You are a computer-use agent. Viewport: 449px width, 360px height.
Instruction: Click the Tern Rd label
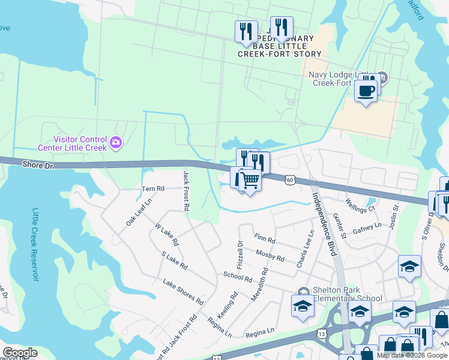coord(152,188)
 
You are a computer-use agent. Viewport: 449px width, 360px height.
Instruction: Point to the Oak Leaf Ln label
coord(139,212)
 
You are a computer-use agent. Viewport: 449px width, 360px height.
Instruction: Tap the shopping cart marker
coord(251,179)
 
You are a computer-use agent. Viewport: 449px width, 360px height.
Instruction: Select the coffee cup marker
coord(366,91)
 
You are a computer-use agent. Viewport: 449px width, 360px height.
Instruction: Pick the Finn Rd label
coord(264,239)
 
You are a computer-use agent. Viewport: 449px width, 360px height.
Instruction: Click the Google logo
coord(20,353)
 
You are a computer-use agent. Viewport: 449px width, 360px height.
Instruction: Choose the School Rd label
coord(238,277)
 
